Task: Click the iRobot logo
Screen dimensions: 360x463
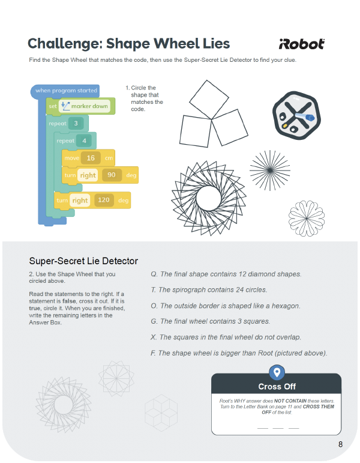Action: click(x=302, y=44)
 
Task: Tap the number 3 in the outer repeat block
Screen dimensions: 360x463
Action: click(x=76, y=124)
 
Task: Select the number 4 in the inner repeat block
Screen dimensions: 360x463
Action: click(x=84, y=141)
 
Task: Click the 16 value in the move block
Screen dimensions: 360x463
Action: click(x=91, y=158)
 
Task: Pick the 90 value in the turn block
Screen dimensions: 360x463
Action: click(x=112, y=175)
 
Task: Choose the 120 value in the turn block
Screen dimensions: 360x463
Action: click(x=104, y=200)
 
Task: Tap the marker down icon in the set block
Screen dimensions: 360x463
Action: click(x=65, y=106)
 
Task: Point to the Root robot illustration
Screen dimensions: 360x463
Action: click(x=296, y=115)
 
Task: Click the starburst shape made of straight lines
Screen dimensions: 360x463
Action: click(x=270, y=171)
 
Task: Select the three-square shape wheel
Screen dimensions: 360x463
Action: click(x=213, y=113)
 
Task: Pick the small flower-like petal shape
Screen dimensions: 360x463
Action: click(x=307, y=219)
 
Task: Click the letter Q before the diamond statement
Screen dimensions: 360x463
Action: click(x=154, y=274)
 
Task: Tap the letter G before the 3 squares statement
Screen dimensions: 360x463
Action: click(x=154, y=321)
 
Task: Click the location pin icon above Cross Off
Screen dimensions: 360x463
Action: click(x=277, y=372)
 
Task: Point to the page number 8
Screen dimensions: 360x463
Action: click(x=341, y=444)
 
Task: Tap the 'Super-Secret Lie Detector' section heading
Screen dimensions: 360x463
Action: click(x=83, y=261)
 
